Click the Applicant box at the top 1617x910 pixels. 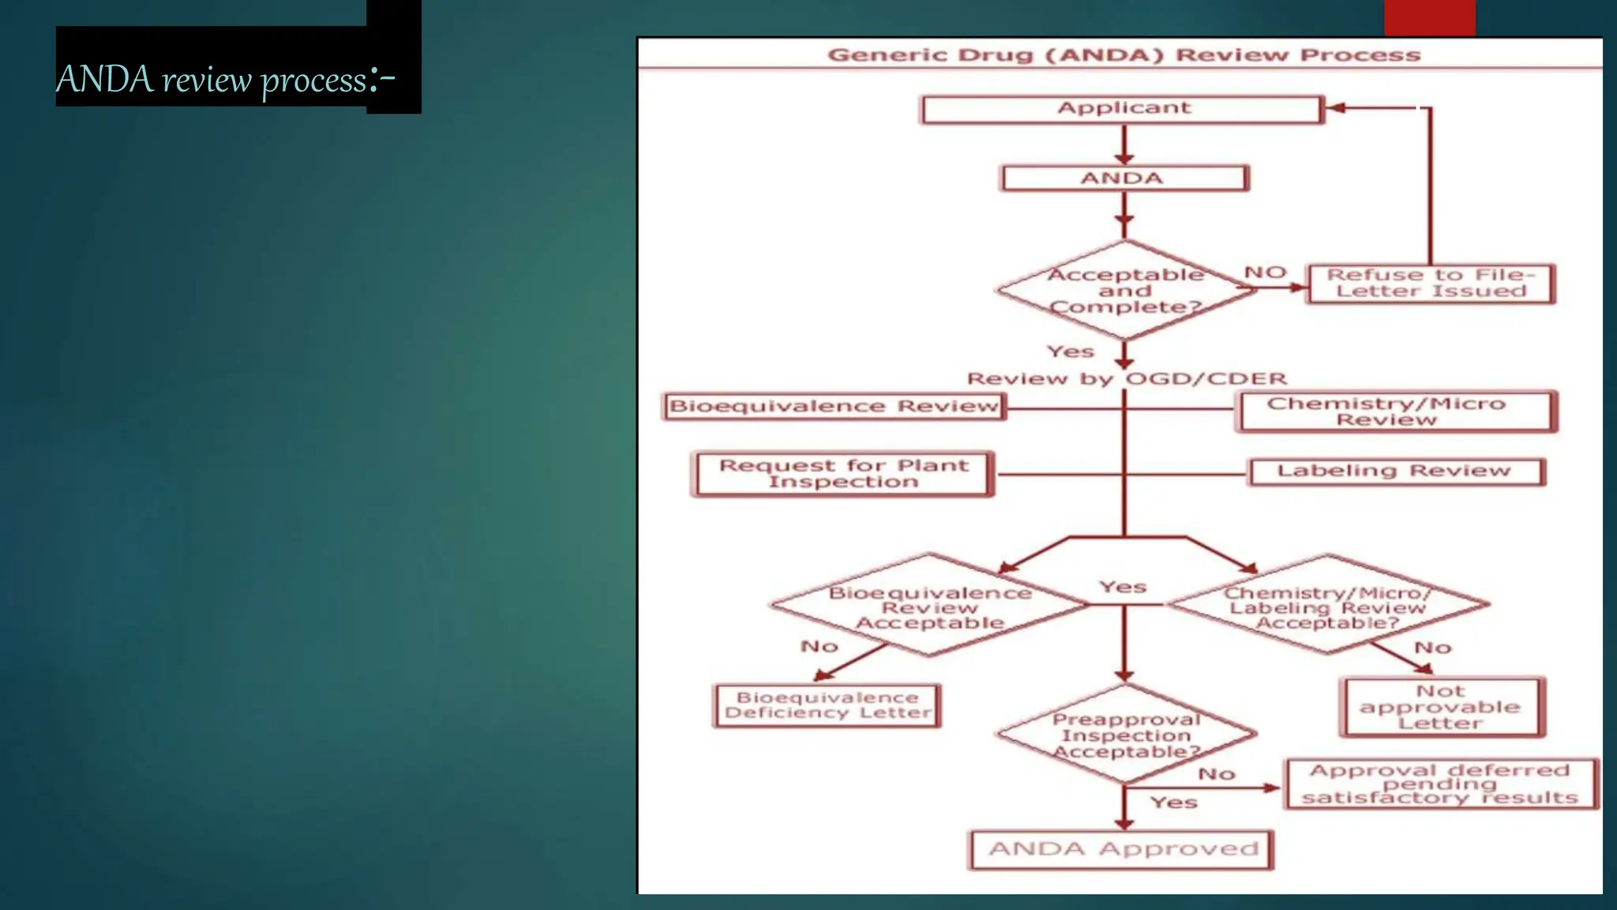point(1122,109)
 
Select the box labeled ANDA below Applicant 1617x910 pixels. point(1124,179)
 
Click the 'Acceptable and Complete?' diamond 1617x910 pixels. point(1125,291)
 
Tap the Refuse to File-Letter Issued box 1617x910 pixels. point(1430,284)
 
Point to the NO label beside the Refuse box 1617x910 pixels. point(1265,273)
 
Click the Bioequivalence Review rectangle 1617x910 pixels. point(834,407)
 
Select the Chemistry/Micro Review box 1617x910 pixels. point(1395,412)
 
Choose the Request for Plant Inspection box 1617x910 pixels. point(843,474)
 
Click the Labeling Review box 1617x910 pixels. point(1394,472)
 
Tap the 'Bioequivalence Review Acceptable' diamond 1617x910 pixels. point(929,607)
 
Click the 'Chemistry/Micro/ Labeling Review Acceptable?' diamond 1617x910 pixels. point(1326,607)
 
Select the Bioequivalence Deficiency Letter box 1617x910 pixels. point(827,705)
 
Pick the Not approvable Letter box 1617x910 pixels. point(1441,707)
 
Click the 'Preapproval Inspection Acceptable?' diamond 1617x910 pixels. point(1126,735)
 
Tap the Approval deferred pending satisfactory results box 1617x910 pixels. point(1440,784)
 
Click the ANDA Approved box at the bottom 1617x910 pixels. point(1122,850)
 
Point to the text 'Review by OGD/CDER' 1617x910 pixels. point(1127,379)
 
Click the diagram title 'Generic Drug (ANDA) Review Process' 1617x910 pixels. point(1124,55)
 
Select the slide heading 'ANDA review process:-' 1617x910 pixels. point(225,79)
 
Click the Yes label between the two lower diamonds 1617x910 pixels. point(1123,587)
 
